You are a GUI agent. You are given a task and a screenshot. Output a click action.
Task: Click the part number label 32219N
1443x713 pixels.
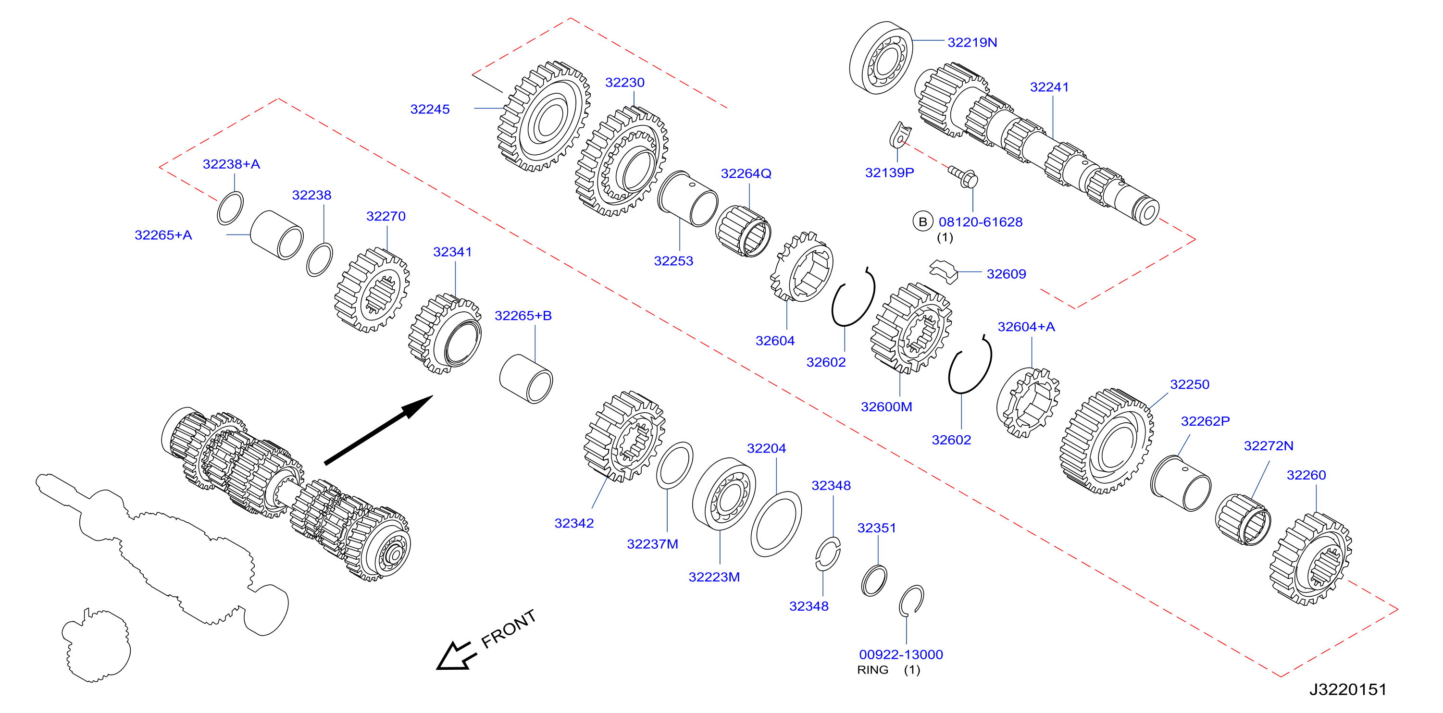(972, 43)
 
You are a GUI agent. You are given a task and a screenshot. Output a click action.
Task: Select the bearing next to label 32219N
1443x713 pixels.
(881, 58)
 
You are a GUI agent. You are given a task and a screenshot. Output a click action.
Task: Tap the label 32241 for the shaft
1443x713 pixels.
(1049, 87)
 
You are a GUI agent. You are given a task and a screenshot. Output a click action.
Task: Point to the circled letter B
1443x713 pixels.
(922, 222)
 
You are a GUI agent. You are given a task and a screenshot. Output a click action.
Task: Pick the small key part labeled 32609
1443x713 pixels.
(944, 271)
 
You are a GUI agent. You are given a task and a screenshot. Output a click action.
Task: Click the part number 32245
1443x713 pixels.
(430, 109)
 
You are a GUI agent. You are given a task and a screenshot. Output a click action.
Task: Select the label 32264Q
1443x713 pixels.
(746, 173)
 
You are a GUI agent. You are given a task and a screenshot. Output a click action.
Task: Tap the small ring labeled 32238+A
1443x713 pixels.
(230, 208)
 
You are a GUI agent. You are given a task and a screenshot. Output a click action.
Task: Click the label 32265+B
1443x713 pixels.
(522, 316)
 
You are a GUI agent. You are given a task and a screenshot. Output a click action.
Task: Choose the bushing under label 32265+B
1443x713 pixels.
(526, 379)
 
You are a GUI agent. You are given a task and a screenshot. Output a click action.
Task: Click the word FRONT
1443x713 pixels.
(509, 629)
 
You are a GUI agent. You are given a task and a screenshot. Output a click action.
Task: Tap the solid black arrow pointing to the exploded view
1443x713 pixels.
(379, 430)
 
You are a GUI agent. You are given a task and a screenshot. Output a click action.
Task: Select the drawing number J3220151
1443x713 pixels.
(1348, 689)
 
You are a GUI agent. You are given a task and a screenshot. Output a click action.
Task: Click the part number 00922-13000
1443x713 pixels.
(901, 654)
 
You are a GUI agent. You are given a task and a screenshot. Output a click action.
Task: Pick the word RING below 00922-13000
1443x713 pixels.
(872, 670)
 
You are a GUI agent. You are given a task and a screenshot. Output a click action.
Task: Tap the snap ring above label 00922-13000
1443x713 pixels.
(911, 601)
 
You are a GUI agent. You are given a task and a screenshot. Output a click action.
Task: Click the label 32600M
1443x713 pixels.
(886, 407)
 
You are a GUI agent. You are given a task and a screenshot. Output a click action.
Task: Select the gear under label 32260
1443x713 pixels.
(1310, 559)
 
